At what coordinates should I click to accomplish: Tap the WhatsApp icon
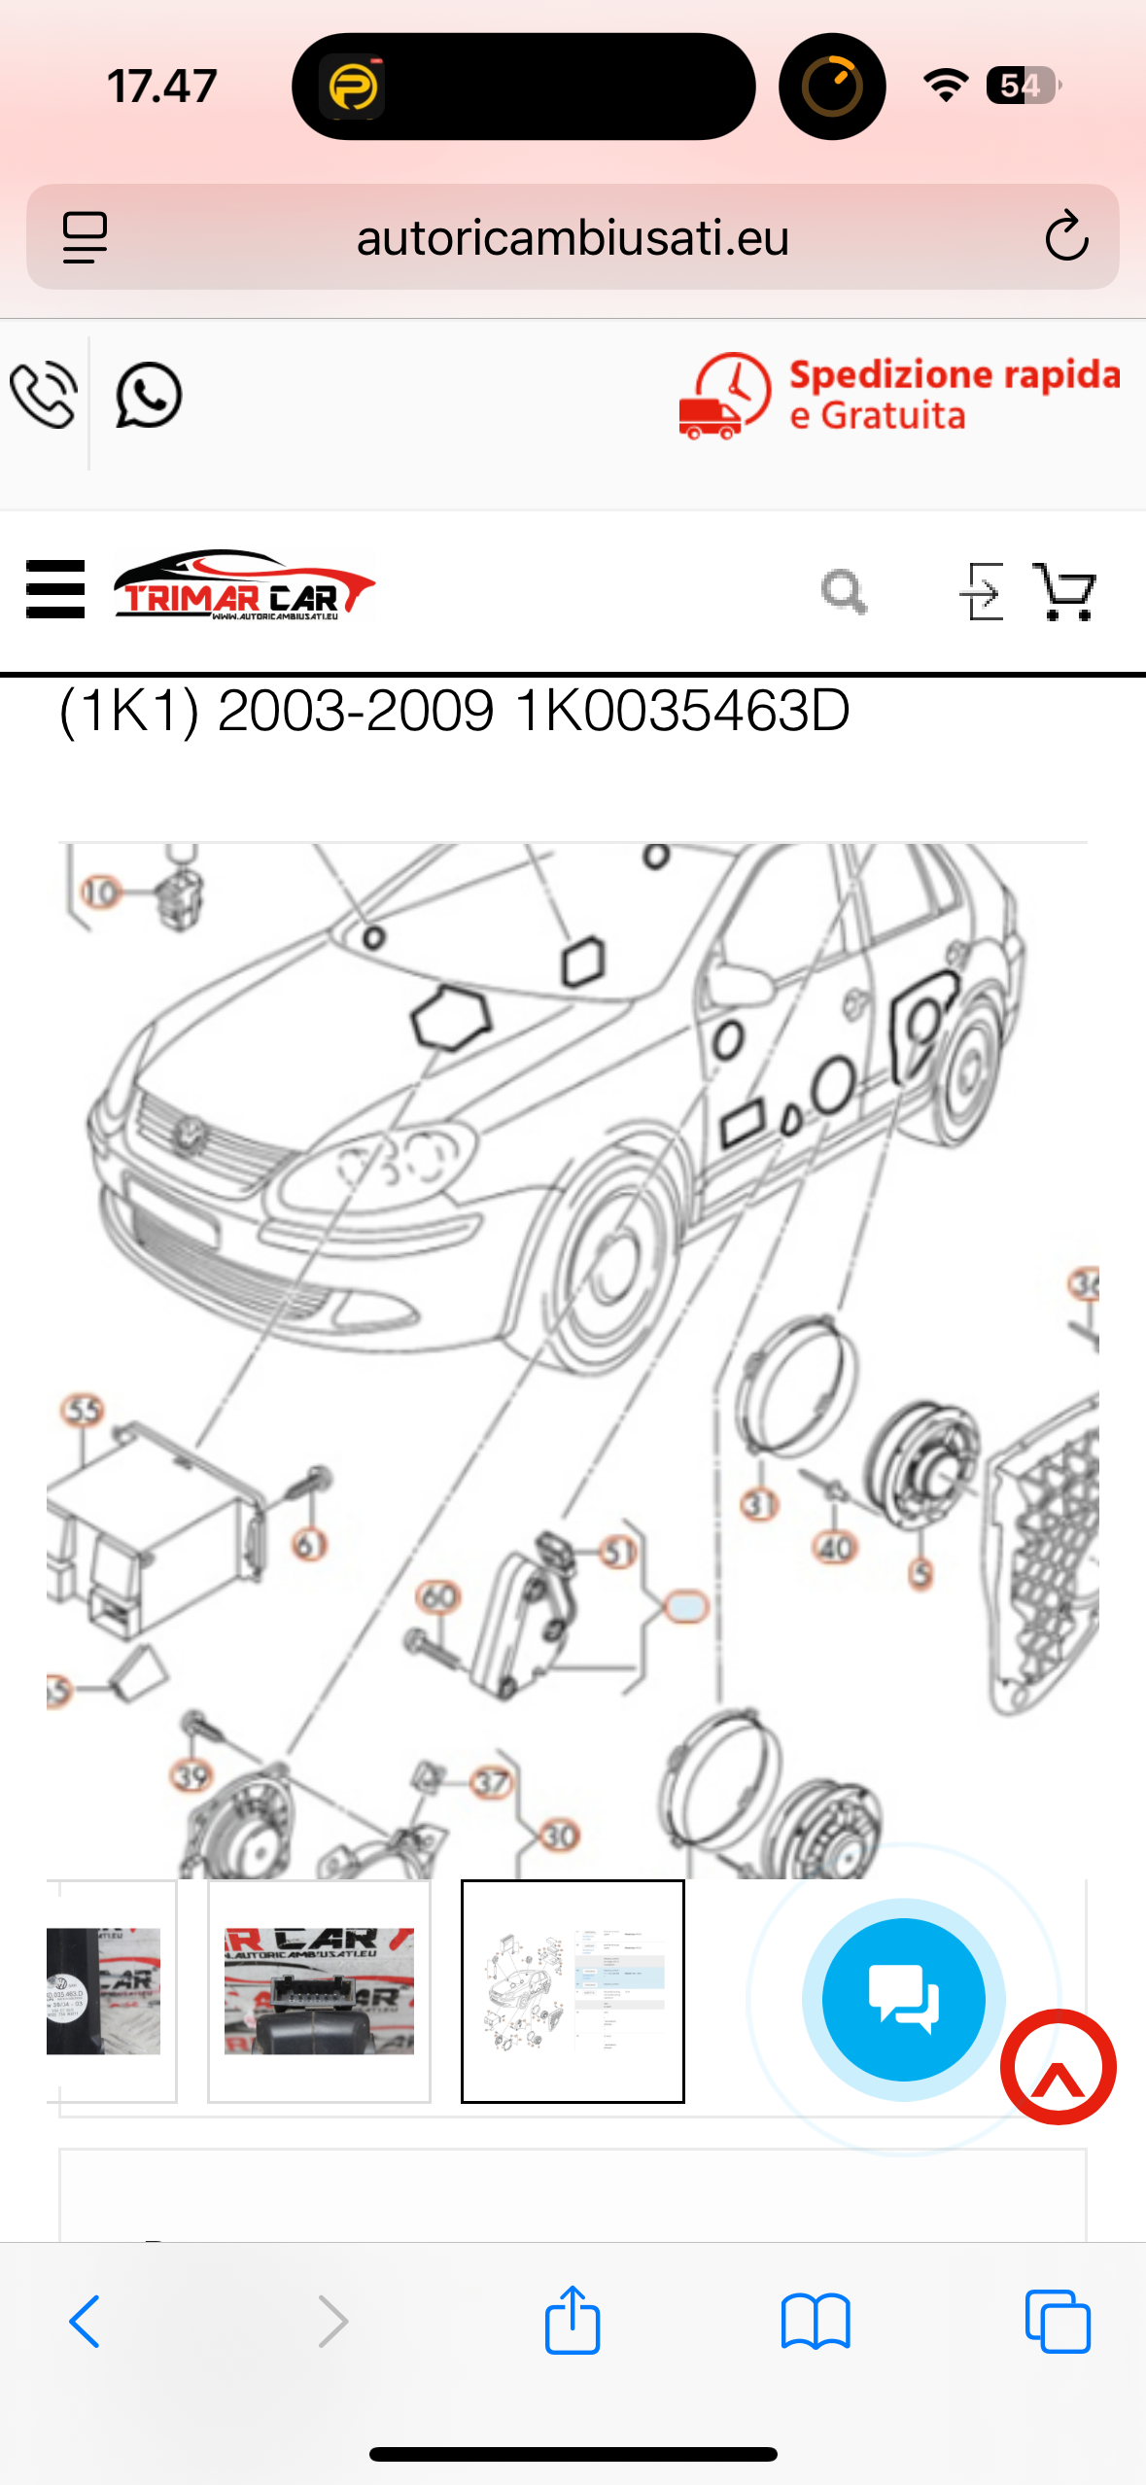click(149, 396)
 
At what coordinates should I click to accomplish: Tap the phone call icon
click(44, 395)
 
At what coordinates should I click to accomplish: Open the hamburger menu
click(55, 589)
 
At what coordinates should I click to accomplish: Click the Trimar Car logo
click(244, 587)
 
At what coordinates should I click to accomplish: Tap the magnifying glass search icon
click(844, 591)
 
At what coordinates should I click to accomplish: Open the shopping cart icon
click(1065, 591)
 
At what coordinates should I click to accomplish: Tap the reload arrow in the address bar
click(1065, 237)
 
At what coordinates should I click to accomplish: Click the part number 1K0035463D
click(682, 711)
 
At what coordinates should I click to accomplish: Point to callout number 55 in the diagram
click(83, 1411)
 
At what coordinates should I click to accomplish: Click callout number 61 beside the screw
click(310, 1544)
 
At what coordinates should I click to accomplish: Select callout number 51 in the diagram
click(618, 1553)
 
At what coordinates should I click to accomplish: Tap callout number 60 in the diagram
click(438, 1595)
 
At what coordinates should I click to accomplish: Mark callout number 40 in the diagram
click(835, 1547)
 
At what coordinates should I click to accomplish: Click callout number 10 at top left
click(101, 892)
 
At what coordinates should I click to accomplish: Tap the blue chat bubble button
click(903, 1999)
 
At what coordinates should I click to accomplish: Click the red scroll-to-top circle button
click(1059, 2067)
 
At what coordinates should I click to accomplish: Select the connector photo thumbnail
click(319, 1991)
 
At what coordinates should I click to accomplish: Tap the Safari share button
click(573, 2320)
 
